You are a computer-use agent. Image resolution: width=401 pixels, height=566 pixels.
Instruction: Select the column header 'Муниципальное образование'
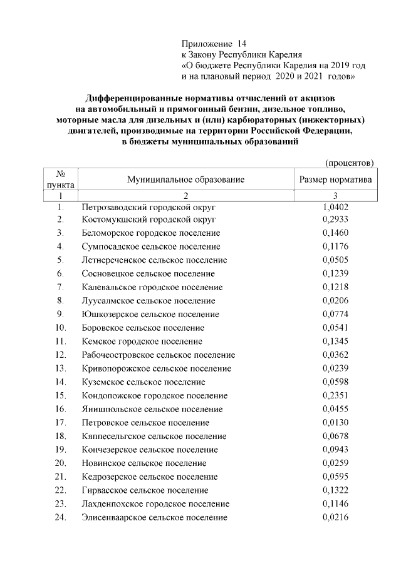pos(185,179)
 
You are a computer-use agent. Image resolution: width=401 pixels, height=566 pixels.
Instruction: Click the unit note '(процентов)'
pos(349,163)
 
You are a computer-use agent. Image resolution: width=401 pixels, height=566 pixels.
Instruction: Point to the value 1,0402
pos(335,206)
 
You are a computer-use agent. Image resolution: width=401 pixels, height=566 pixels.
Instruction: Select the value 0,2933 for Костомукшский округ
pos(335,220)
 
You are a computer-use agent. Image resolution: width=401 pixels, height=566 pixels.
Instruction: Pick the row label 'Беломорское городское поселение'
pos(151,233)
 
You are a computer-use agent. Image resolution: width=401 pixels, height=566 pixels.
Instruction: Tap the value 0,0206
pos(335,300)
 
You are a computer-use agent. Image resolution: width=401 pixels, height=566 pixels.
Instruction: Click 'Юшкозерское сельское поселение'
pos(150,314)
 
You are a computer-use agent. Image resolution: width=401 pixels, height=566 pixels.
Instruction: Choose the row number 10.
pos(61,328)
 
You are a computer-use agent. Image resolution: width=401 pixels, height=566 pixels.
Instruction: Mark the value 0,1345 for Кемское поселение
pos(335,341)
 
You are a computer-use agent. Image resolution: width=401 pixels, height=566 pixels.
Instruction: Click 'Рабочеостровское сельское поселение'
pos(159,355)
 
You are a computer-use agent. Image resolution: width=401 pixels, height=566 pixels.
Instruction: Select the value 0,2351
pos(335,395)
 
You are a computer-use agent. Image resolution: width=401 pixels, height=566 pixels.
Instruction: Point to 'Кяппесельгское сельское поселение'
pos(154,436)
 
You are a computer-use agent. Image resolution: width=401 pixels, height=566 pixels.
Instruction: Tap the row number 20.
pos(61,463)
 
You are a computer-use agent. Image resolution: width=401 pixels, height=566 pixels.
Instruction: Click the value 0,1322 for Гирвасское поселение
pos(335,490)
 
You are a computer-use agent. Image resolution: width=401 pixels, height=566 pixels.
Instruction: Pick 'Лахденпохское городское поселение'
pos(155,503)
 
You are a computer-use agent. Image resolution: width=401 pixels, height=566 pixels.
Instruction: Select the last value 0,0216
pos(335,517)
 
